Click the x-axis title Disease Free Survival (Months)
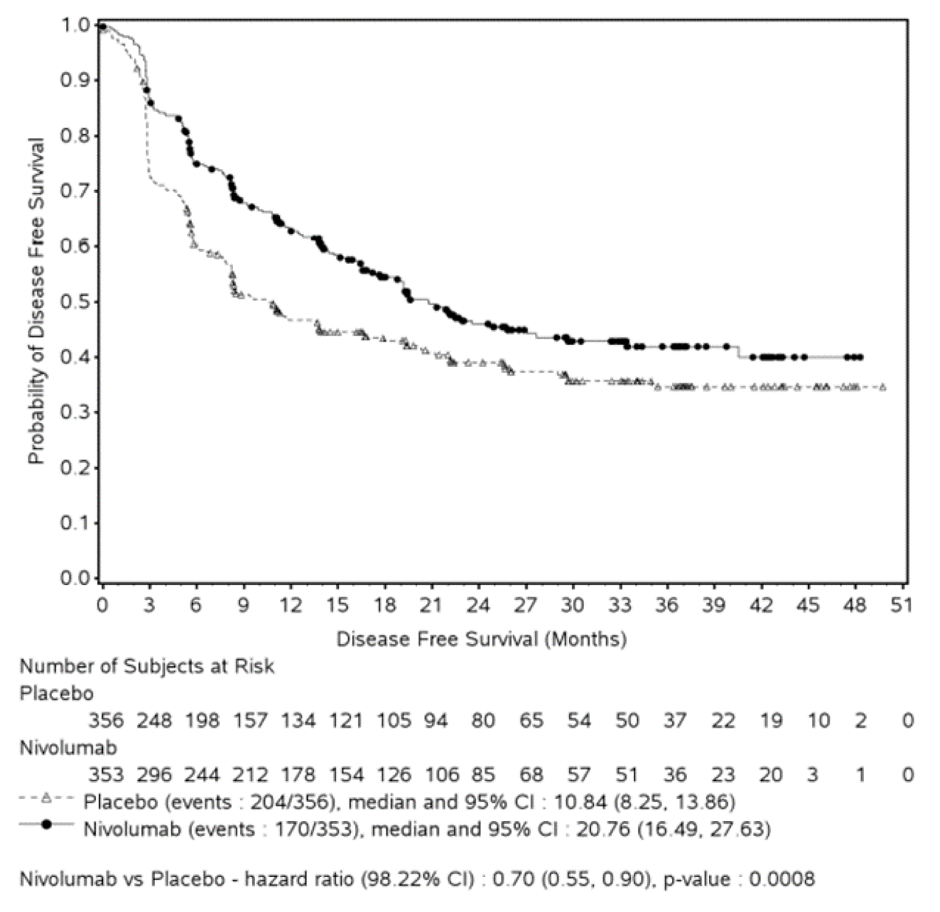(x=481, y=639)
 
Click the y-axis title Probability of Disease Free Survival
(x=37, y=301)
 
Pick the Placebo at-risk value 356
(x=106, y=720)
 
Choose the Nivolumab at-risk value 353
(x=106, y=774)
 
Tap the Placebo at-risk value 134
(x=298, y=720)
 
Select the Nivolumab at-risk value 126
(x=394, y=774)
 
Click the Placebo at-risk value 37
(x=675, y=720)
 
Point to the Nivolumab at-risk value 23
(x=723, y=774)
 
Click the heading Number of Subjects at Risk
(x=147, y=666)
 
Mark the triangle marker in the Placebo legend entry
(x=46, y=800)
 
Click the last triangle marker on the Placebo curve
(x=883, y=387)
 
